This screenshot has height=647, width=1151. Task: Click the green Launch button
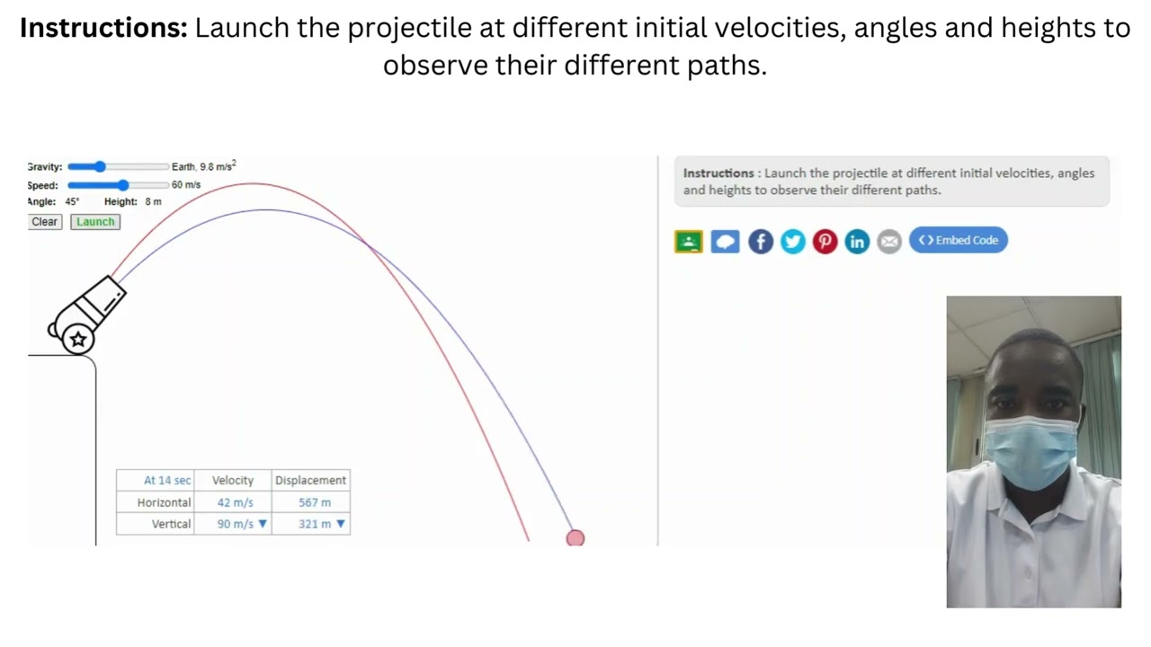coord(95,222)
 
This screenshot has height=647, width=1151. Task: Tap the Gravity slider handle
coord(100,166)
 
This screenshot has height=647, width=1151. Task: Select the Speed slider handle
coord(123,185)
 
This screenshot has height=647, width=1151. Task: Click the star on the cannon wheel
coord(78,339)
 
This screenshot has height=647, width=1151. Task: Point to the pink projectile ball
coord(575,538)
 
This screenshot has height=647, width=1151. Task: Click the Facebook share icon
coord(761,241)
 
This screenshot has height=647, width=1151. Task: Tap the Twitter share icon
coord(793,241)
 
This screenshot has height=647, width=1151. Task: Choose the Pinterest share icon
coord(825,241)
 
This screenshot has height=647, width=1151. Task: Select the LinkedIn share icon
coord(857,241)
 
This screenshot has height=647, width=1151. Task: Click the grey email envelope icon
coord(889,241)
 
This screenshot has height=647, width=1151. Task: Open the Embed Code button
coord(959,240)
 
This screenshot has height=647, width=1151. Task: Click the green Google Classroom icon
coord(689,241)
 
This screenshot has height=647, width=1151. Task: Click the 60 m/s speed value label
coord(186,185)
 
